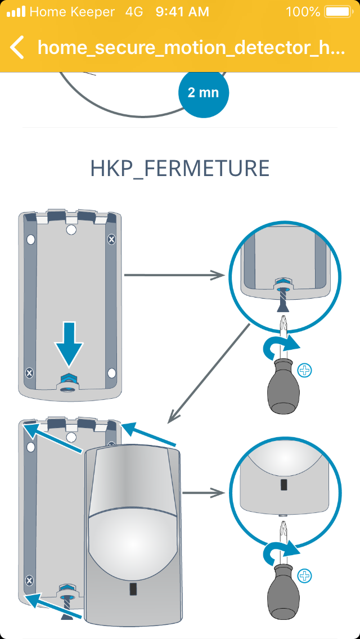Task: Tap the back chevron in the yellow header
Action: pyautogui.click(x=17, y=47)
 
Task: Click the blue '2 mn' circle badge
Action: pyautogui.click(x=204, y=93)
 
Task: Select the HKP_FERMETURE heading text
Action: pyautogui.click(x=180, y=168)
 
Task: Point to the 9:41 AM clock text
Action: pyautogui.click(x=182, y=11)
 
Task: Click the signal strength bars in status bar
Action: pyautogui.click(x=16, y=11)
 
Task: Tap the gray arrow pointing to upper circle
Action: pyautogui.click(x=174, y=275)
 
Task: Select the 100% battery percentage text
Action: pyautogui.click(x=303, y=11)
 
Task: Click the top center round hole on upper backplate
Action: pyautogui.click(x=71, y=230)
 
